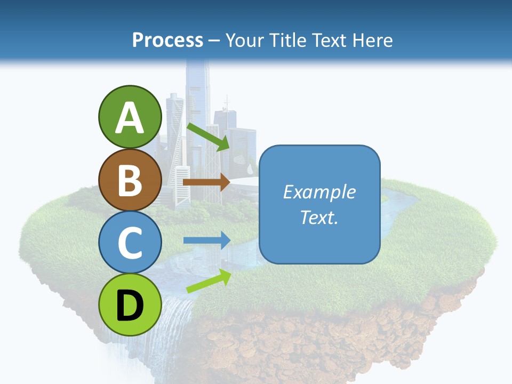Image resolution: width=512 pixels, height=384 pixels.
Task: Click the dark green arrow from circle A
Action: click(208, 137)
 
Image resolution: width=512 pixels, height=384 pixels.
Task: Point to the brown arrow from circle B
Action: click(206, 182)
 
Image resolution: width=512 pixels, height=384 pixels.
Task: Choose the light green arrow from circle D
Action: click(209, 281)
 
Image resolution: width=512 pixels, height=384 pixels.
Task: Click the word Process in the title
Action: click(167, 40)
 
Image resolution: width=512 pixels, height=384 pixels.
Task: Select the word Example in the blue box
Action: click(319, 192)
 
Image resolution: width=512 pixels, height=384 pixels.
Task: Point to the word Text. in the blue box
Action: click(319, 217)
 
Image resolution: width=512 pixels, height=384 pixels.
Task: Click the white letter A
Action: click(130, 118)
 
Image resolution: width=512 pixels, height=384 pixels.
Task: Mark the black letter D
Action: click(130, 306)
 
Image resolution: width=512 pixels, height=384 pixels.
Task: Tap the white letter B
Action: click(130, 180)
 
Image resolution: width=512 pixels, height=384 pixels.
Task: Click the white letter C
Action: click(130, 243)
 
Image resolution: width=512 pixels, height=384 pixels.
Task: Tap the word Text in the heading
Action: click(329, 40)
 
